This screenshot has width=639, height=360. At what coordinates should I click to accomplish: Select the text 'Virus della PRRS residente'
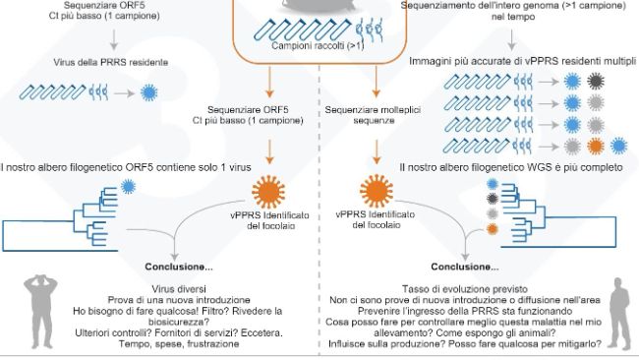[110, 62]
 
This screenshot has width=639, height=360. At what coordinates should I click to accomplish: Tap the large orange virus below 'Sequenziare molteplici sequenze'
[373, 193]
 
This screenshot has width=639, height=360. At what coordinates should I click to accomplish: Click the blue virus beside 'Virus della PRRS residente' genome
[148, 90]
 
